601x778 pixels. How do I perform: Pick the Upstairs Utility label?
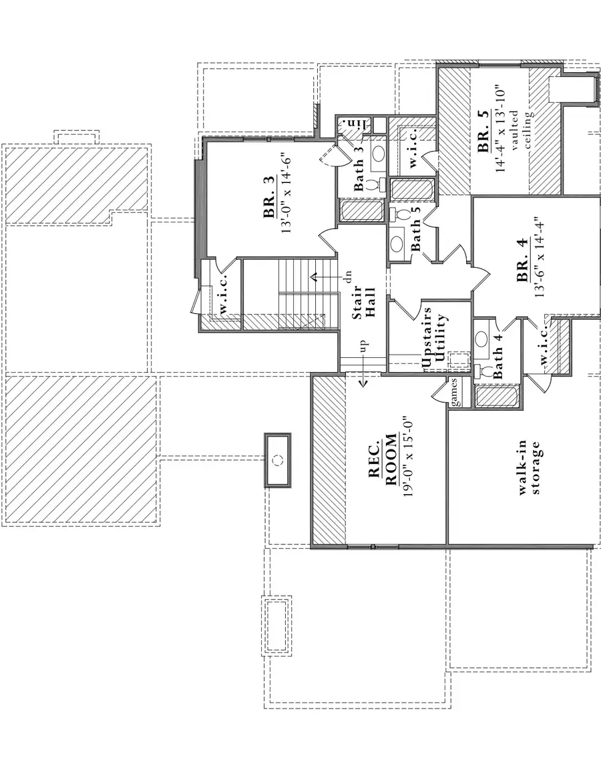click(x=433, y=338)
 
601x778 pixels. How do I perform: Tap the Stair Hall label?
click(x=365, y=301)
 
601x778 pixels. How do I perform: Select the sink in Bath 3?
click(x=378, y=153)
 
